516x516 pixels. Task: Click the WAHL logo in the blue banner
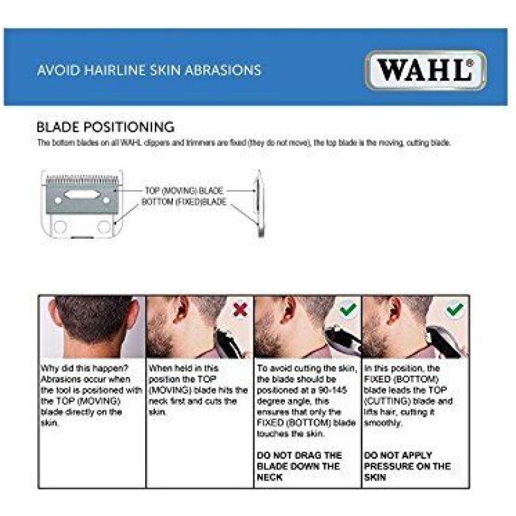[426, 70]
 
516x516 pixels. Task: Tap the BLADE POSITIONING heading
[105, 127]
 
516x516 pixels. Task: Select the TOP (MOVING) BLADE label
[184, 190]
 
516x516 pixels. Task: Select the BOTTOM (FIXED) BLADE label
[184, 201]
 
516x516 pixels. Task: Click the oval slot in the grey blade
[81, 195]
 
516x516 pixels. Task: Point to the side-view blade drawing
[260, 203]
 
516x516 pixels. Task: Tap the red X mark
[241, 310]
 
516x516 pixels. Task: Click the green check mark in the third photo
[348, 309]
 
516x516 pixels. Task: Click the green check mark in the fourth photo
[455, 310]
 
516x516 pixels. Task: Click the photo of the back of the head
[92, 326]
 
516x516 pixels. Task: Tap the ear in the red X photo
[181, 310]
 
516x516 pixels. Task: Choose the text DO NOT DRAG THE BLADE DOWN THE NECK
[299, 466]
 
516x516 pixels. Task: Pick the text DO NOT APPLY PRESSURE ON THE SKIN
[408, 466]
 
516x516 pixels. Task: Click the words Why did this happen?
[84, 368]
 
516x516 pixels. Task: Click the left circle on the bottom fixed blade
[60, 227]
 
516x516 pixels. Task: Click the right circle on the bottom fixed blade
[104, 227]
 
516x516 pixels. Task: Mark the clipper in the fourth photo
[445, 341]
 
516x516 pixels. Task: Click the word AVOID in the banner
[59, 70]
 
